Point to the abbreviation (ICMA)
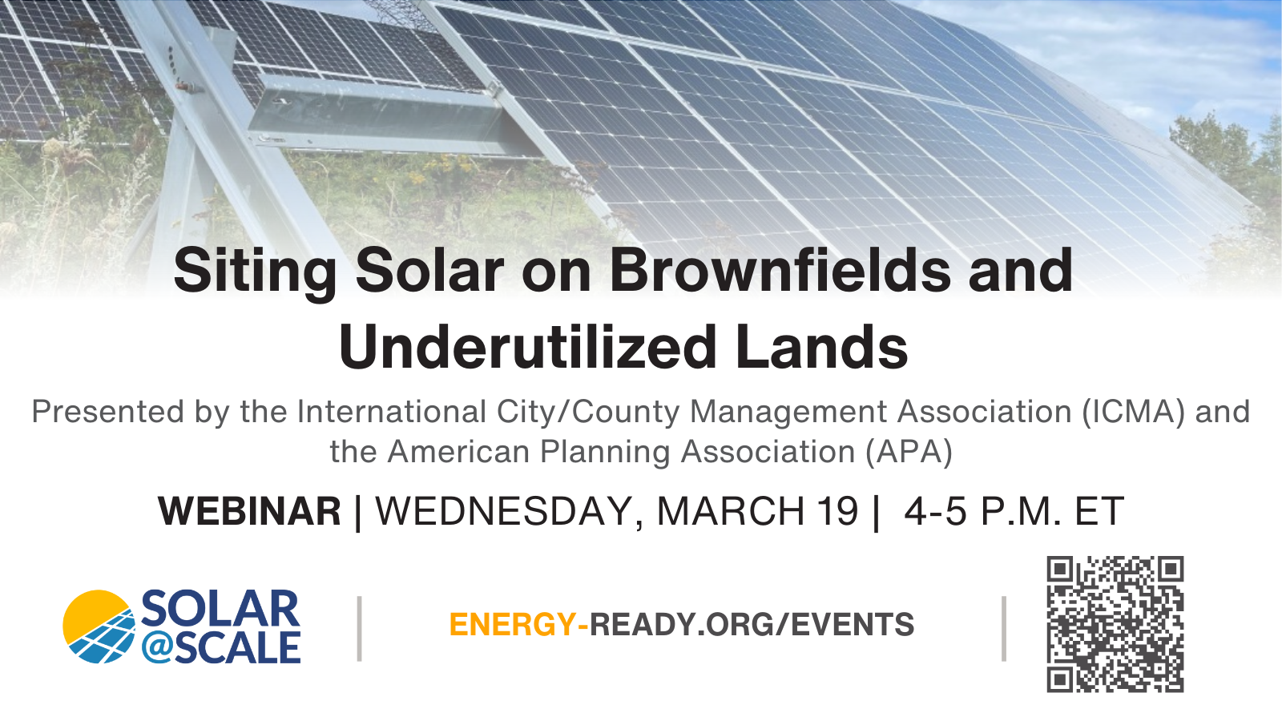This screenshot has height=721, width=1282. pyautogui.click(x=1134, y=413)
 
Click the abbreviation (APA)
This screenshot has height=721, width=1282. pyautogui.click(x=909, y=452)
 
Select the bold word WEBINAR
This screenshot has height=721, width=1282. pyautogui.click(x=249, y=511)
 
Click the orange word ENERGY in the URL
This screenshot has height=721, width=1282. pyautogui.click(x=513, y=624)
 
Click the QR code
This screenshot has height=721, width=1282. pyautogui.click(x=1115, y=624)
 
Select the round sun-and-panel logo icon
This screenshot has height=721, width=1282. pyautogui.click(x=99, y=626)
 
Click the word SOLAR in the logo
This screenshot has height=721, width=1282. pyautogui.click(x=220, y=609)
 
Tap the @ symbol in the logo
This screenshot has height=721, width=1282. pyautogui.click(x=159, y=649)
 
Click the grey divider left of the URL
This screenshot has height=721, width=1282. pyautogui.click(x=360, y=629)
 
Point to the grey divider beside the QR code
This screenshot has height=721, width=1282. pyautogui.click(x=1004, y=629)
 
